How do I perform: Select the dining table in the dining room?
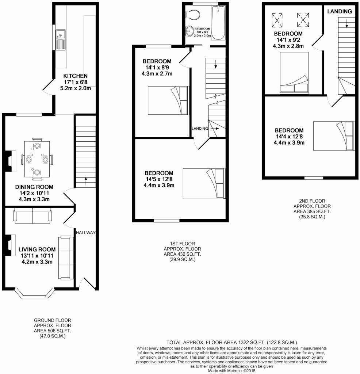(x=37, y=160)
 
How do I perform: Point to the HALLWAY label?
(x=86, y=233)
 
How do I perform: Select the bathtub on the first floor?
(x=219, y=23)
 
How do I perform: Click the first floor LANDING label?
(x=200, y=129)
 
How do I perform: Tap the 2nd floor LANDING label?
(x=339, y=11)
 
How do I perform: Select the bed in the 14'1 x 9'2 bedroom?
(x=294, y=73)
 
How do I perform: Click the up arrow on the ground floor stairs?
(x=86, y=180)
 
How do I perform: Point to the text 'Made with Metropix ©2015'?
(x=231, y=370)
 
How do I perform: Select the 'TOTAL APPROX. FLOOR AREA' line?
(x=231, y=343)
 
